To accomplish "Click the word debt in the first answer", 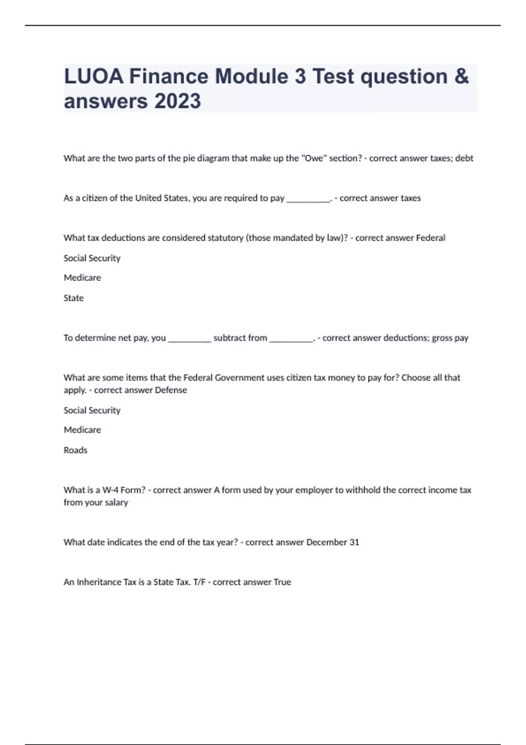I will [464, 158].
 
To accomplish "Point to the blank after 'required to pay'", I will [308, 198].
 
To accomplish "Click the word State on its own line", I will [74, 298].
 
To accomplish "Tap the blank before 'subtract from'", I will [189, 338].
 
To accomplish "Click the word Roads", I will [75, 450].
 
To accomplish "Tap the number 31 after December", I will [354, 542].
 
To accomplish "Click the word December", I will [327, 542].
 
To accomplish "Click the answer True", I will [282, 582].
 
